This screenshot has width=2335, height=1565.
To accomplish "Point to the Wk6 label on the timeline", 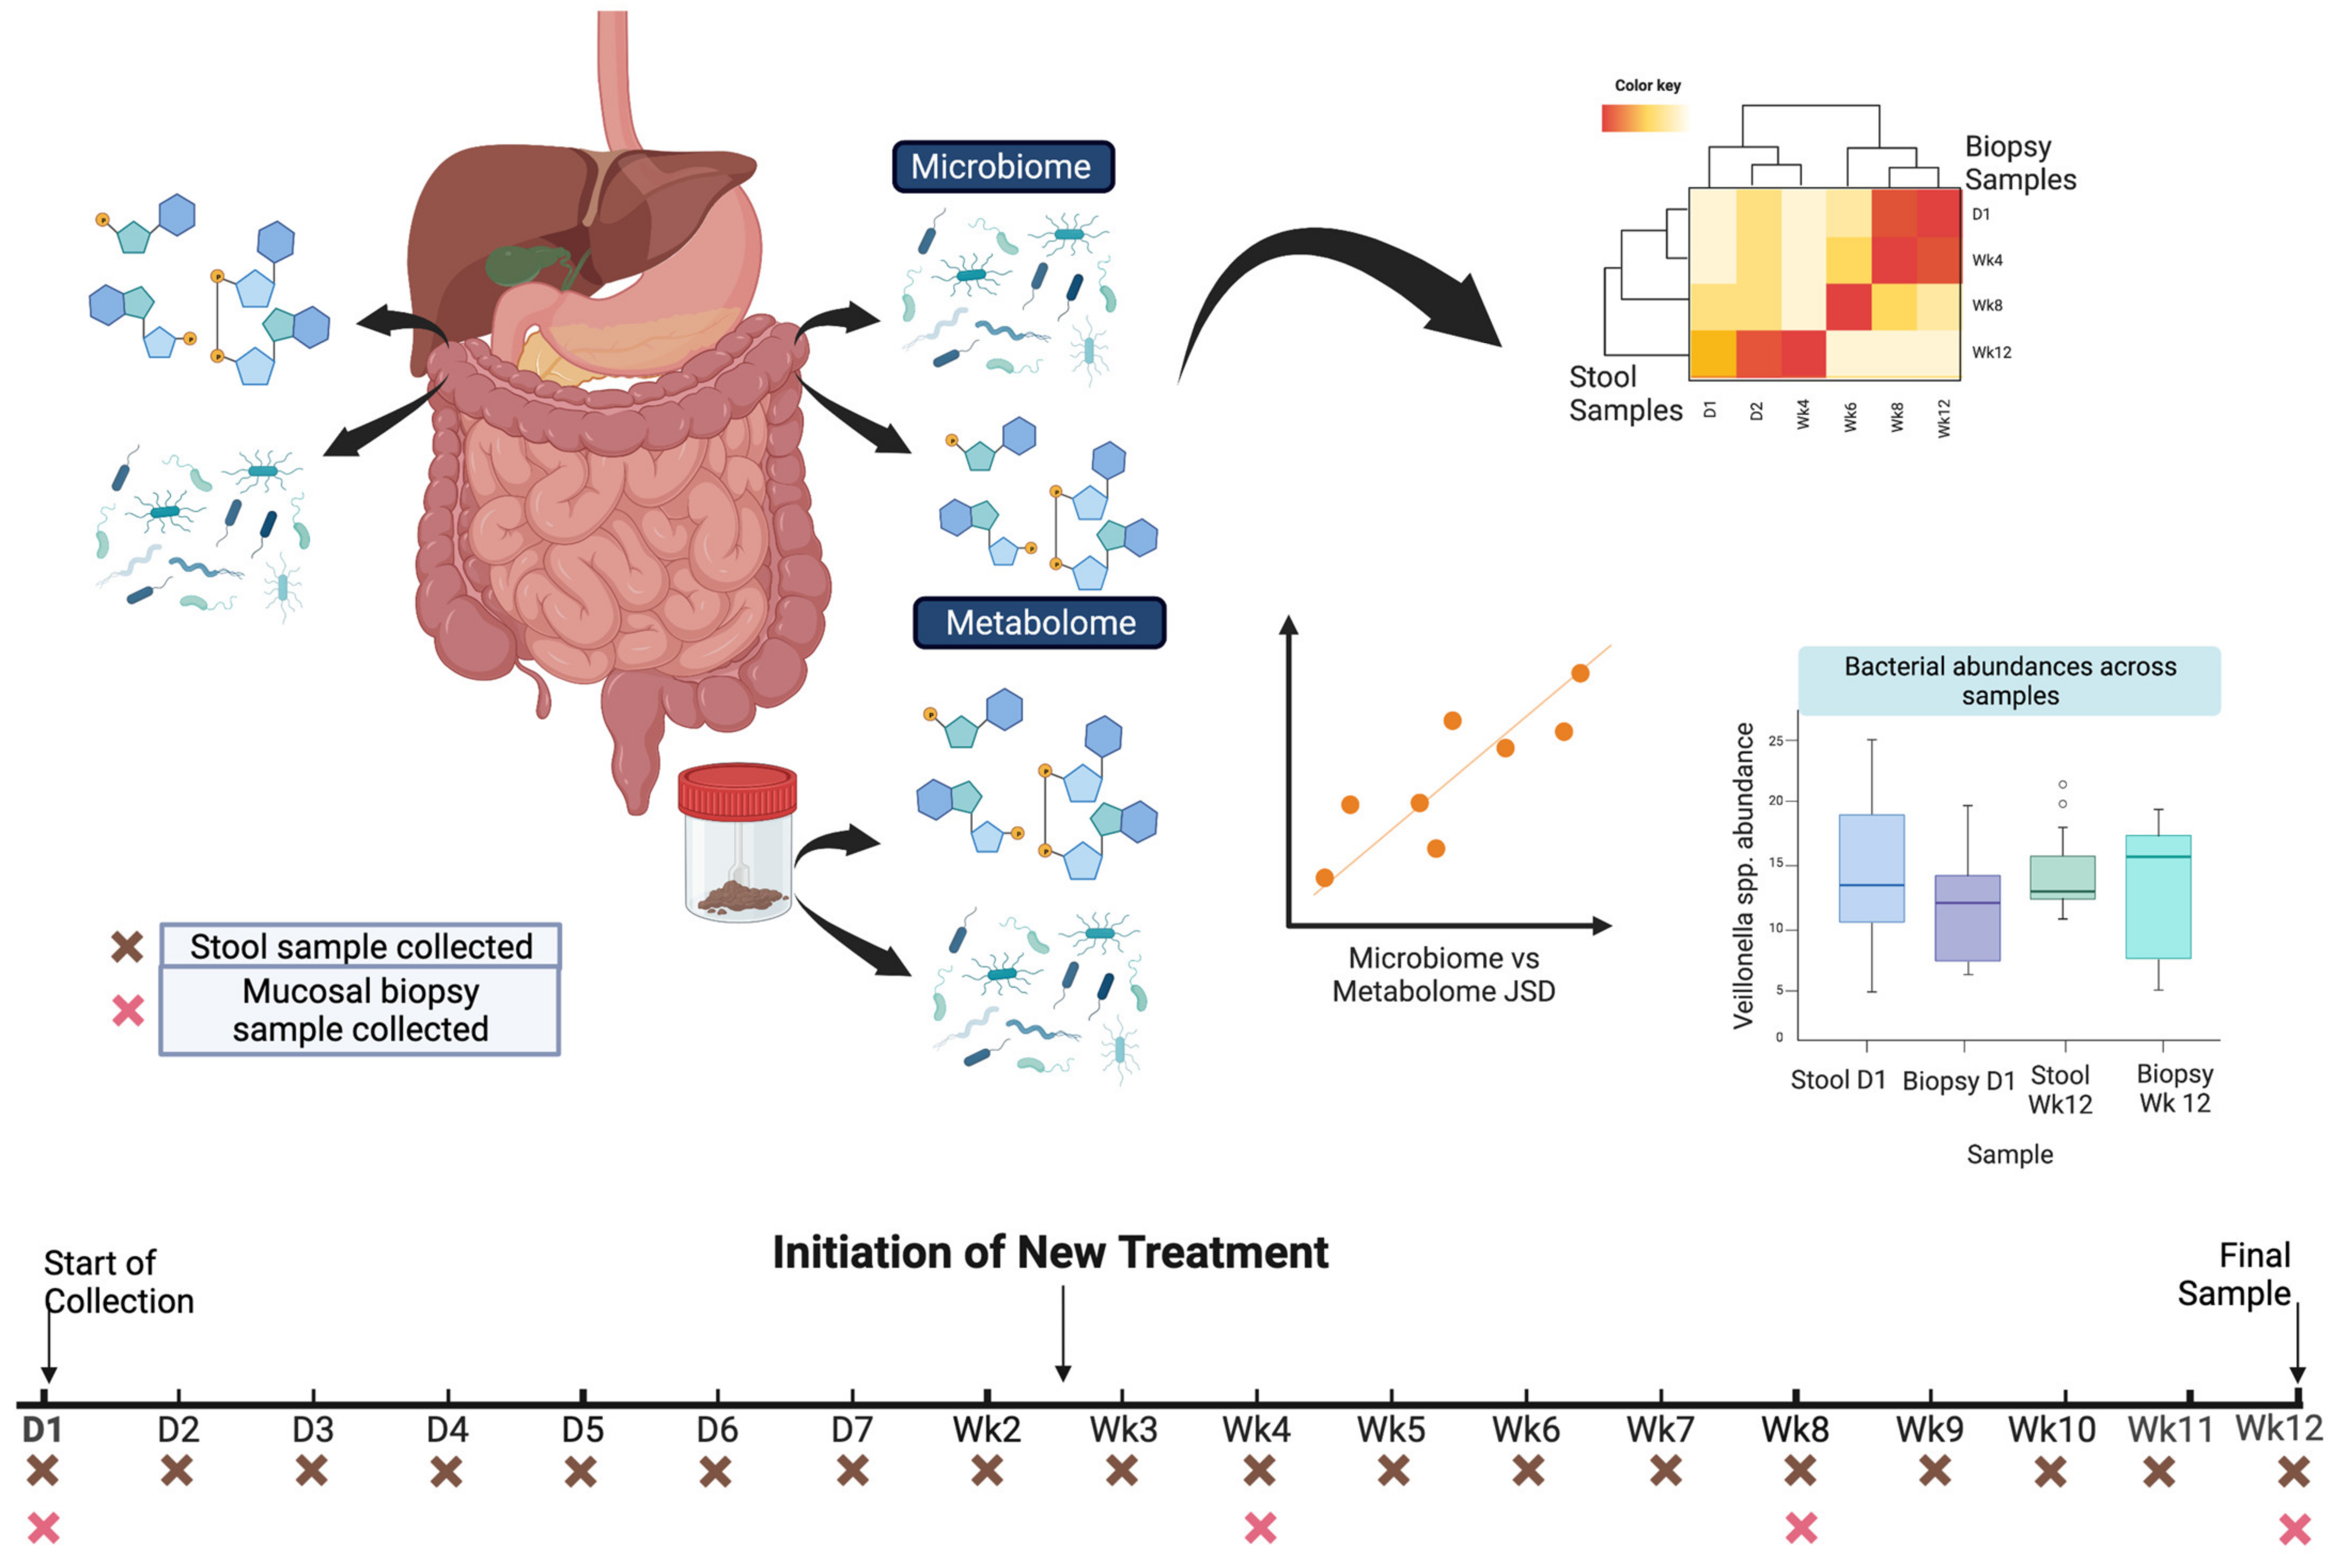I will (x=1525, y=1429).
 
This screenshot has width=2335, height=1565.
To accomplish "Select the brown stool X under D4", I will (x=447, y=1470).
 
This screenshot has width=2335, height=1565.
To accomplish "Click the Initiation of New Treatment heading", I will (x=1050, y=1253).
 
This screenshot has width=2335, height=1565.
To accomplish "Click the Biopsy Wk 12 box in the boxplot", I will (x=2158, y=896).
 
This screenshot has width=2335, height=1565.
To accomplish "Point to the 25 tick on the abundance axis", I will (x=1776, y=741).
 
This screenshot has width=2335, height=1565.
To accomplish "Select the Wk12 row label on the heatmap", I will (x=1991, y=352).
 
